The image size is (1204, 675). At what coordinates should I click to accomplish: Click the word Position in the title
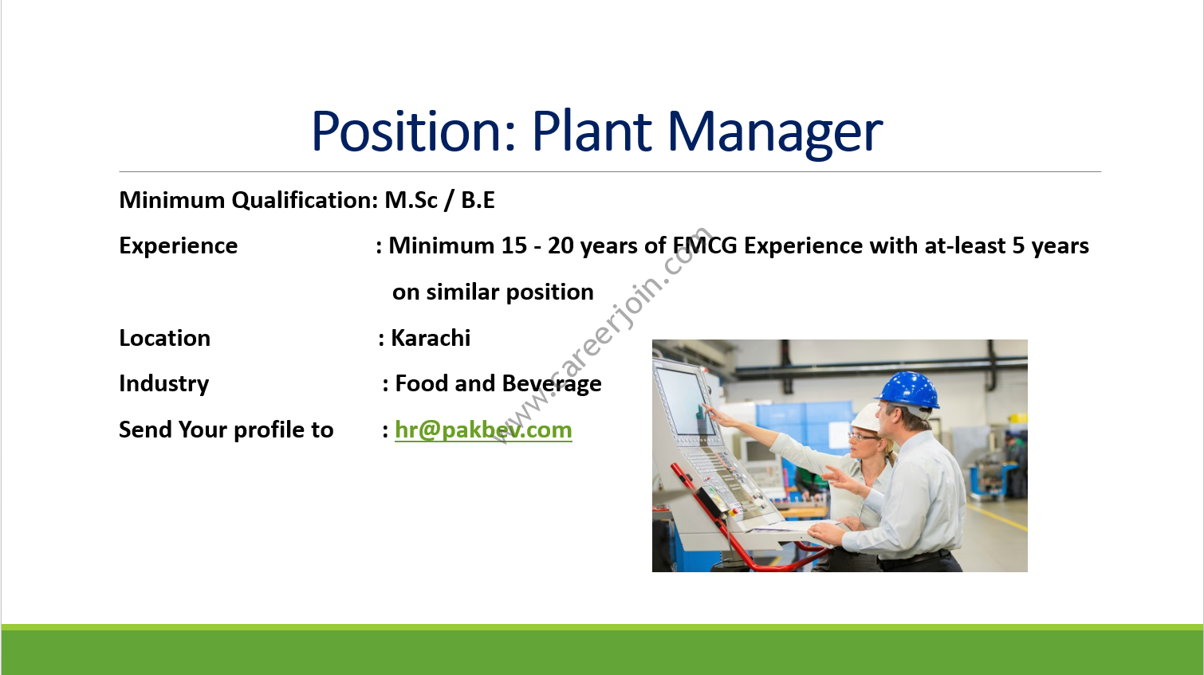[x=413, y=131]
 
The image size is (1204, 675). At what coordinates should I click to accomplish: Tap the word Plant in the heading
[x=592, y=131]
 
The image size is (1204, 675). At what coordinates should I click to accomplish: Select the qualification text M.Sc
[x=411, y=200]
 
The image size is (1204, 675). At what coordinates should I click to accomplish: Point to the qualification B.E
[x=478, y=200]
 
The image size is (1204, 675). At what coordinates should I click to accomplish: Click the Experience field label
[x=179, y=246]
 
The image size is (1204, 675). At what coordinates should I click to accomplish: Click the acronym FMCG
[x=705, y=245]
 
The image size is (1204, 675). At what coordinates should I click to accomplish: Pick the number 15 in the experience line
[x=514, y=245]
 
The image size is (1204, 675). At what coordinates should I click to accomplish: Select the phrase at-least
[x=965, y=245]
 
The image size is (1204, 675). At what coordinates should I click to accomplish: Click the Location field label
[x=164, y=338]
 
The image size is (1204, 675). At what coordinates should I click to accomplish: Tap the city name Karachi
[x=431, y=338]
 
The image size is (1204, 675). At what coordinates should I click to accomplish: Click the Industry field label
[x=164, y=384]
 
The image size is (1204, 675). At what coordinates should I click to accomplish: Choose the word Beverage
[x=552, y=384]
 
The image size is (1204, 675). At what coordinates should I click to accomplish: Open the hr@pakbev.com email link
[x=483, y=430]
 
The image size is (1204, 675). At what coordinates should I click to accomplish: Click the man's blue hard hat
[x=908, y=390]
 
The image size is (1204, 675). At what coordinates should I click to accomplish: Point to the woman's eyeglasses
[x=864, y=437]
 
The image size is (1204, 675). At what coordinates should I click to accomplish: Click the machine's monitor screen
[x=685, y=401]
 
